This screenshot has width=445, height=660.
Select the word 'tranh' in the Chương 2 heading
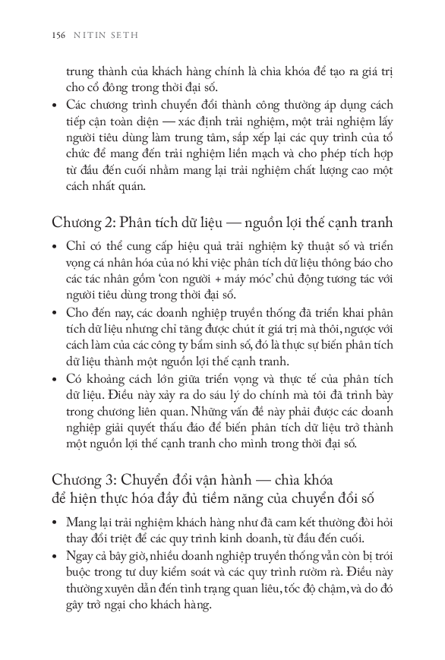[377, 223]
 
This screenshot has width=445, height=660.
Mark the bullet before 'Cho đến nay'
[55, 312]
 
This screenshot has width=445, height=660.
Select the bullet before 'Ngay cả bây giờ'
[55, 556]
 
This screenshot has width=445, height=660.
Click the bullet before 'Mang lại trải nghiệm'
[55, 523]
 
